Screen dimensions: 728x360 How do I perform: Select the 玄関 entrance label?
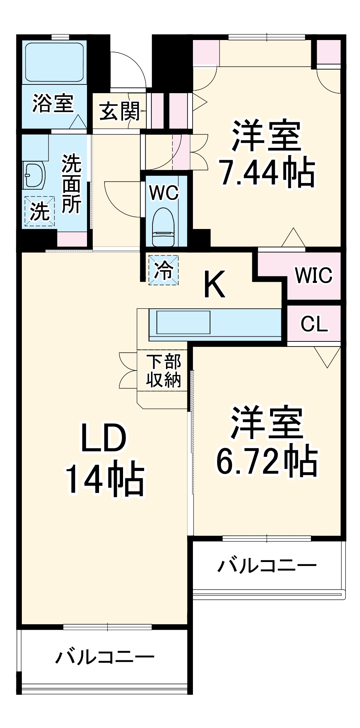coord(119,111)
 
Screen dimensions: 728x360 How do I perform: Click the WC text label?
coord(164,193)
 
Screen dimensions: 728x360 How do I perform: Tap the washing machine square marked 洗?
coord(39,211)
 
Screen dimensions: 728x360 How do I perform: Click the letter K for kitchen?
coord(214,284)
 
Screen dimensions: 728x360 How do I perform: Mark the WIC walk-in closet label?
coord(313,275)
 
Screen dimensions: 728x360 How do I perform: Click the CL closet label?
coord(314,323)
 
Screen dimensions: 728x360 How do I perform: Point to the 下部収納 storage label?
coord(164,371)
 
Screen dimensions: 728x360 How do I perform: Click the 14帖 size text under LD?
coord(104,477)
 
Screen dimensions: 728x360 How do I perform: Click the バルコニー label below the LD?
coord(105,657)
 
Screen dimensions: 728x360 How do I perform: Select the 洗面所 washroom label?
coord(71,183)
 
